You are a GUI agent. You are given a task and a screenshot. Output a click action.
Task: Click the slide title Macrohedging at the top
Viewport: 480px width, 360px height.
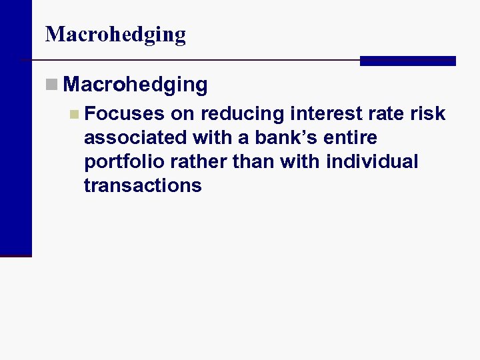pyautogui.click(x=115, y=34)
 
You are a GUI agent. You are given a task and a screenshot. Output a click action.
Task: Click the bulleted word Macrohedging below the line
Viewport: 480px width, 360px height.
pyautogui.click(x=137, y=85)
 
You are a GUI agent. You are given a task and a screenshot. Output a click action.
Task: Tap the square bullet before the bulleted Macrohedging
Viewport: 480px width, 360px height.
pyautogui.click(x=52, y=85)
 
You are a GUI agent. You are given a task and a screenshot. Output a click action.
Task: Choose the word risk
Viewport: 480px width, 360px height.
pyautogui.click(x=428, y=113)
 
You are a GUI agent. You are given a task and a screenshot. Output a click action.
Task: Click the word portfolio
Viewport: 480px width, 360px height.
pyautogui.click(x=121, y=162)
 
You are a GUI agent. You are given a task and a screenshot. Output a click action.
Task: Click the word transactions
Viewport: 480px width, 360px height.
pyautogui.click(x=143, y=185)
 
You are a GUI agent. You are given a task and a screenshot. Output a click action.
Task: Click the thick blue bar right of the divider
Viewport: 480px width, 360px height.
pyautogui.click(x=407, y=61)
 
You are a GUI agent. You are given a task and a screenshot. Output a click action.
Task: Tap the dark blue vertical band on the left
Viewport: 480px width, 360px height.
pyautogui.click(x=15, y=127)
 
